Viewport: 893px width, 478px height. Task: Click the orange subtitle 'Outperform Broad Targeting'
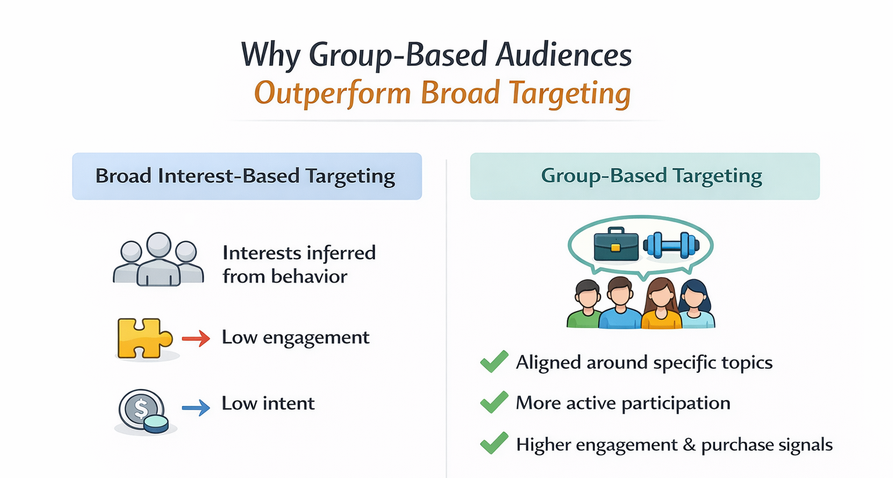(x=442, y=93)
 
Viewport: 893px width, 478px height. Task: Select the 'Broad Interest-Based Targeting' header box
(x=247, y=176)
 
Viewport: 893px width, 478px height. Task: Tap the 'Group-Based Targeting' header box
(x=644, y=176)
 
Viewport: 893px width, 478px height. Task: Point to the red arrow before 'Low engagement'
(x=196, y=338)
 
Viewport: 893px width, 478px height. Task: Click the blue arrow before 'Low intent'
(x=196, y=407)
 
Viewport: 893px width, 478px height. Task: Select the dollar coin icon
(x=143, y=411)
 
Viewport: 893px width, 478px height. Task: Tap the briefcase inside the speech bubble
(x=616, y=244)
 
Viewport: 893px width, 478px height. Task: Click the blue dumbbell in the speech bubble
(x=671, y=245)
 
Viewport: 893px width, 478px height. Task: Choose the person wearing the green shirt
(x=586, y=305)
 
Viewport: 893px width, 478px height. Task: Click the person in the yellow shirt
(x=661, y=305)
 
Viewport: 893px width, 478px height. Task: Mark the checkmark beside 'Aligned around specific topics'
(x=494, y=362)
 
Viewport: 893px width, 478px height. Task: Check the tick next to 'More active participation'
(x=494, y=402)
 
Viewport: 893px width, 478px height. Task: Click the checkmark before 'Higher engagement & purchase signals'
(x=494, y=444)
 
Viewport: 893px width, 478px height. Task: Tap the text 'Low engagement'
(x=295, y=337)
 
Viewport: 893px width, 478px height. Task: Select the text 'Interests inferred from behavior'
(x=299, y=264)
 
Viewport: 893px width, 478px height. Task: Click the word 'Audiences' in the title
(x=563, y=55)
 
